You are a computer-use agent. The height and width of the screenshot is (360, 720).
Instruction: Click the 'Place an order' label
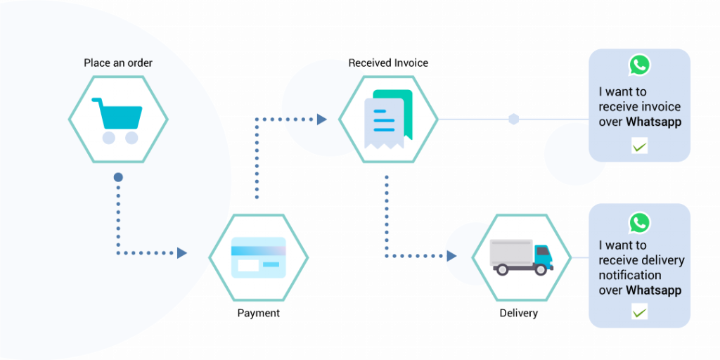[x=118, y=63]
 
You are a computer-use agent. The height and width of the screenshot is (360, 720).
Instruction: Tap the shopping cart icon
[x=118, y=119]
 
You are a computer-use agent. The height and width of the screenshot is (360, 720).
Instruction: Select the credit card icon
[x=258, y=257]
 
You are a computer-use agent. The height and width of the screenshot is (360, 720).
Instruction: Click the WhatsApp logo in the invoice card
[x=639, y=65]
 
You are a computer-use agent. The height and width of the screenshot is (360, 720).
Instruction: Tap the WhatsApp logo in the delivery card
[x=639, y=223]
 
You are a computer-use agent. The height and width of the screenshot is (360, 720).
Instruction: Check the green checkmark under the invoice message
[x=639, y=146]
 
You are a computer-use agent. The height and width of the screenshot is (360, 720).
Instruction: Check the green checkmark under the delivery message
[x=639, y=311]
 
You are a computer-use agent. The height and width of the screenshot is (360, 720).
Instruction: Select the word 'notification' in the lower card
[x=630, y=275]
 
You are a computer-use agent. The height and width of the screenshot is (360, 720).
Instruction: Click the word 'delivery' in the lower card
[x=661, y=260]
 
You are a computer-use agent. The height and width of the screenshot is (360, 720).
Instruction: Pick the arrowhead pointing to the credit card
[x=182, y=252]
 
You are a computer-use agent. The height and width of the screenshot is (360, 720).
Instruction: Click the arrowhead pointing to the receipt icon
[x=322, y=120]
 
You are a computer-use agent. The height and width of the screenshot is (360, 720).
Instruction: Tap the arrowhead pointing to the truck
[x=451, y=256]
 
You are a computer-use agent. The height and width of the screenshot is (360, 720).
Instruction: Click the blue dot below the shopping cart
[x=118, y=177]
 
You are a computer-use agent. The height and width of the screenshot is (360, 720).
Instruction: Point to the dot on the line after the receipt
[x=513, y=119]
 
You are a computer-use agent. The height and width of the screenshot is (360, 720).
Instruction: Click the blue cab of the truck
[x=544, y=255]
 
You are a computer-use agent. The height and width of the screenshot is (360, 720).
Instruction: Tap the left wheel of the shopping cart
[x=108, y=137]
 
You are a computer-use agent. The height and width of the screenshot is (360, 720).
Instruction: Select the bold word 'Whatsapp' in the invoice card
[x=654, y=122]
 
